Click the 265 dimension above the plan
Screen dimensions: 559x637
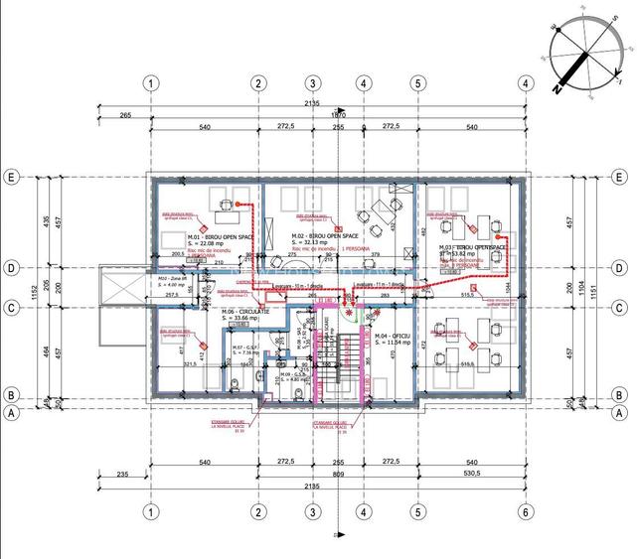125,115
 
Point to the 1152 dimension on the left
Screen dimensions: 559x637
33,292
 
